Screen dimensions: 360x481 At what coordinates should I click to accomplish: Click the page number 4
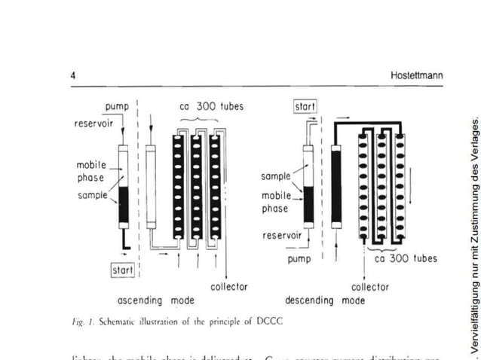(73, 76)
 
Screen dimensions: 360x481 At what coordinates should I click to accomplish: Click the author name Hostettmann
(416, 76)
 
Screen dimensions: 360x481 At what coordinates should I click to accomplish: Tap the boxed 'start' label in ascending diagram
(122, 269)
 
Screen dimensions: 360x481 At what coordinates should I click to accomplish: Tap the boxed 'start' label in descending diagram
(305, 106)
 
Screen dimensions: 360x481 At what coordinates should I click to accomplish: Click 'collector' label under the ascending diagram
(228, 287)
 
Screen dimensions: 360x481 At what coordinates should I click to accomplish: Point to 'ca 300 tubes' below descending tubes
(406, 258)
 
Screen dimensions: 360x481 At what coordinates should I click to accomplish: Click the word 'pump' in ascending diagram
(116, 108)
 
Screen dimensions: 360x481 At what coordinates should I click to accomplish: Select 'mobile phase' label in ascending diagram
(91, 171)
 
